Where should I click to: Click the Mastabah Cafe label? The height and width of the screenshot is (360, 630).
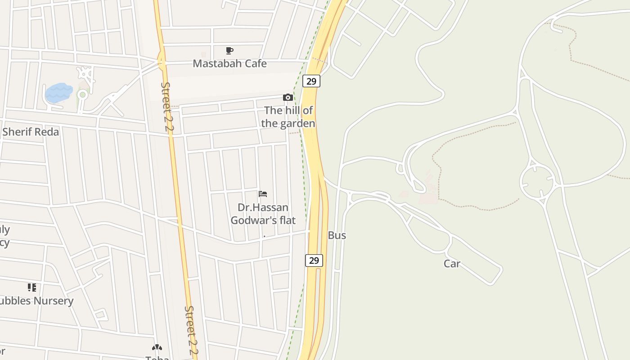tap(229, 63)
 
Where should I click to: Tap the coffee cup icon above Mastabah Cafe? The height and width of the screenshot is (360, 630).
tap(229, 50)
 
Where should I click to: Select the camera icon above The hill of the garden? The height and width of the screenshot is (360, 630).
tap(288, 97)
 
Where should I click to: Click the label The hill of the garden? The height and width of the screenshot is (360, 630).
tap(288, 117)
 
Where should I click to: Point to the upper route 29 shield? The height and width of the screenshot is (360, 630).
tap(311, 81)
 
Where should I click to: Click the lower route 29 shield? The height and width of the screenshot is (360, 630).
tap(314, 260)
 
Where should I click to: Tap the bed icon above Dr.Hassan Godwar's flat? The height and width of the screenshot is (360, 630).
tap(263, 194)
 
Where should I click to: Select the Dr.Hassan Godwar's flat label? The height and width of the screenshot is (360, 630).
tap(263, 214)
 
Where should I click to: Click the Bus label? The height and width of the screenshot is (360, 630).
tap(337, 235)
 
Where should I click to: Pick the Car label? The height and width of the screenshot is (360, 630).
tap(452, 264)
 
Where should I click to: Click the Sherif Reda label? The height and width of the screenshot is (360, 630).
tap(31, 132)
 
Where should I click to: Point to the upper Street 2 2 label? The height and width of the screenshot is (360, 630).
tap(167, 106)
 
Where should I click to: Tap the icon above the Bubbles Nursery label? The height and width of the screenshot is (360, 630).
tap(31, 287)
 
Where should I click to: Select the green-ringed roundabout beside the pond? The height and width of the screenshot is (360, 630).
tap(82, 95)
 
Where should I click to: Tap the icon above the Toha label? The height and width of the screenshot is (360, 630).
tap(157, 347)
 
